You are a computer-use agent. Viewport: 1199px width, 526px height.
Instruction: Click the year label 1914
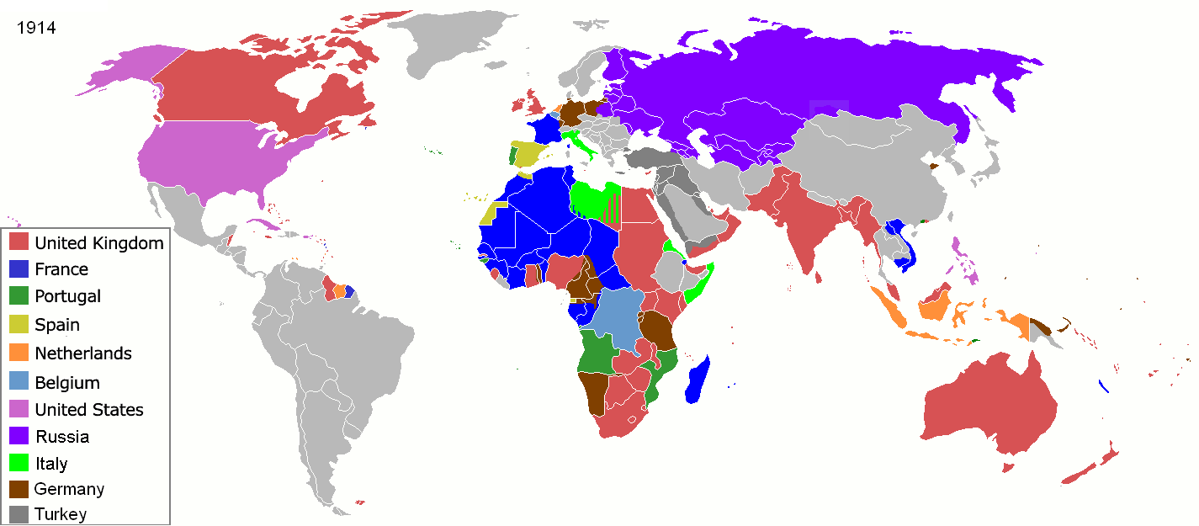pos(36,28)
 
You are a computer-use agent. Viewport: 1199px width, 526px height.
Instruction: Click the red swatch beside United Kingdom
pos(20,243)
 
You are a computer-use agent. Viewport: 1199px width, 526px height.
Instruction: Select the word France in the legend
pos(61,269)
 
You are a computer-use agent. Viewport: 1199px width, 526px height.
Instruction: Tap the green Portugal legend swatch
pos(20,297)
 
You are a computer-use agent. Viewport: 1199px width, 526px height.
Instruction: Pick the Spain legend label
pos(57,325)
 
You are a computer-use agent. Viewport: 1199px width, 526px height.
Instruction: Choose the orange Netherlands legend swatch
pos(20,353)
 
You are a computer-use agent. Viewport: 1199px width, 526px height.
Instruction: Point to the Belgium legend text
pos(67,382)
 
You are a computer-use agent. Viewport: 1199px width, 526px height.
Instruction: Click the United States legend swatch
pos(20,410)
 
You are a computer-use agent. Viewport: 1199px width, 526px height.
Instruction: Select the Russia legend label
pos(61,437)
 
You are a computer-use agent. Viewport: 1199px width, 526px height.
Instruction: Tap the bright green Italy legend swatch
pos(20,464)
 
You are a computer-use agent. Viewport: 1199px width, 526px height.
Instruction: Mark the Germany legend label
pos(69,489)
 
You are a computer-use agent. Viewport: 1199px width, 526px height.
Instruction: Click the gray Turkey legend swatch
pos(20,513)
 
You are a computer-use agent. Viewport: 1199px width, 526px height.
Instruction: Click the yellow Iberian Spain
pos(530,154)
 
